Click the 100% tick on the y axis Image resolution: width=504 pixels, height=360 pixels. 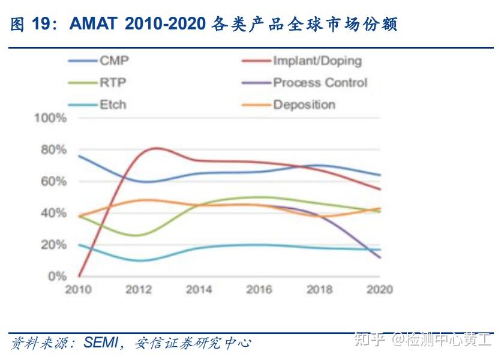coord(50,118)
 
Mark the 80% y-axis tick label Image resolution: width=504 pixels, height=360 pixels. coord(53,149)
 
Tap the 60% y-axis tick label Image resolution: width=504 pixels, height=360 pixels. coord(53,181)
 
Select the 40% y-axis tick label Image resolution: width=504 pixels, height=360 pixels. coord(53,213)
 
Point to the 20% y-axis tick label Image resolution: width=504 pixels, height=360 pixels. coord(53,245)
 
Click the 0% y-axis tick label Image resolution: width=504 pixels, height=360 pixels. coord(56,277)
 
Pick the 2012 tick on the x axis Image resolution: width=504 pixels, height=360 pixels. coord(139,290)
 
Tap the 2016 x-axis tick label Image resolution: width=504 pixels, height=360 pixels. coord(259,290)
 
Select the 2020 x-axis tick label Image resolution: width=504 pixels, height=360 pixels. coord(379,290)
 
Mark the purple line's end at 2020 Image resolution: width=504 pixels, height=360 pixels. coord(380,258)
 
